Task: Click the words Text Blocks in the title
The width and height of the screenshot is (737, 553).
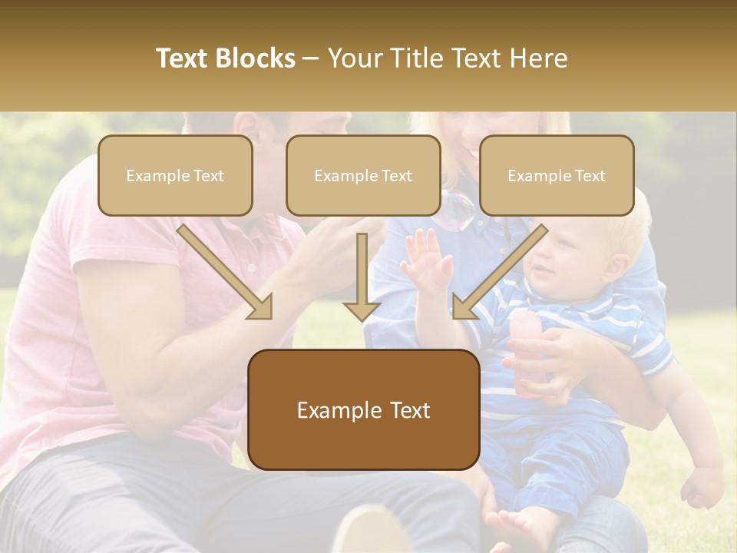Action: [x=226, y=58]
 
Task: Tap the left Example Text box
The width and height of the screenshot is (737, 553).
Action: [x=175, y=176]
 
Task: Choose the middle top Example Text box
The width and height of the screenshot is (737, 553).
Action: [x=363, y=176]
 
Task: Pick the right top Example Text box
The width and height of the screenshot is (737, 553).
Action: [x=557, y=176]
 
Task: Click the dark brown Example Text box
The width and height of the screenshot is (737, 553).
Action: [x=363, y=410]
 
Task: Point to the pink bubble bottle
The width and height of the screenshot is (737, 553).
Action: [x=527, y=353]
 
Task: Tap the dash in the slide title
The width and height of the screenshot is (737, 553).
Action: [x=311, y=59]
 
